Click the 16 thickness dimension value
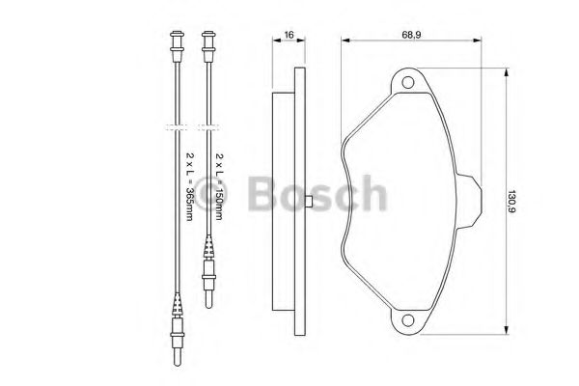[289, 35]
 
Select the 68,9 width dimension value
[411, 35]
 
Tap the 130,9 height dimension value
[511, 202]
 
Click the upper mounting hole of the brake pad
[407, 82]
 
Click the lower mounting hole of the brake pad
[407, 319]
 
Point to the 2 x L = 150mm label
[219, 186]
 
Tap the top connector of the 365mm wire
[177, 46]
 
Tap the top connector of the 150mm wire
[208, 46]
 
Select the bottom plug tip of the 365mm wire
[178, 359]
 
